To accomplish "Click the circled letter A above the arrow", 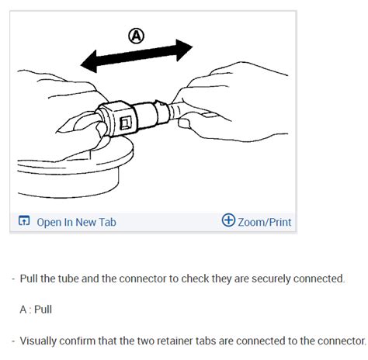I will pyautogui.click(x=136, y=35).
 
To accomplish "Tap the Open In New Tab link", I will pyautogui.click(x=76, y=222).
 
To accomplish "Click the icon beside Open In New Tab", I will pyautogui.click(x=24, y=222).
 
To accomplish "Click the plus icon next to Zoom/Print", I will pyautogui.click(x=228, y=221).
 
